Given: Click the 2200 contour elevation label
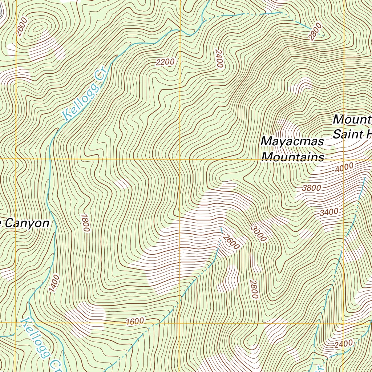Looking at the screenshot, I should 165,62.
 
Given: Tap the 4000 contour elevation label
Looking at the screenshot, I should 344,168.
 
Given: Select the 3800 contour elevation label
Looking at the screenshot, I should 311,188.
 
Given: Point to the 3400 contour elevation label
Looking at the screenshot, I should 329,212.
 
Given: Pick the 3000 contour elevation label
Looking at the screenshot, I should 258,233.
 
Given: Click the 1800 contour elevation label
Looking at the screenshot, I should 85,223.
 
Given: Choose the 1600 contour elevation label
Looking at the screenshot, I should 135,322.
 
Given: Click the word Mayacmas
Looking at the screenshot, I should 292,141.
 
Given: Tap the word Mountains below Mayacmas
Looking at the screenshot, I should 293,157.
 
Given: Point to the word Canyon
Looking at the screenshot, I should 27,223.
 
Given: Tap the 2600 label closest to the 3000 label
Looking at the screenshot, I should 232,242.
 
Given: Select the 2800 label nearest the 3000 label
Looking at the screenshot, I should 254,289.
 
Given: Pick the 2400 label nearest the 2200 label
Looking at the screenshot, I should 218,58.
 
